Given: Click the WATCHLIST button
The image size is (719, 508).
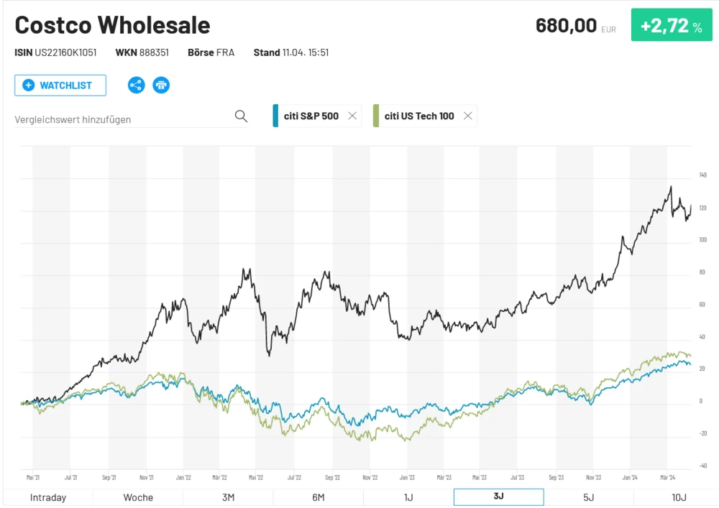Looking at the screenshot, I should coord(60,86).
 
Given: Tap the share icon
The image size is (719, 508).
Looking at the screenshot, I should coord(136,86).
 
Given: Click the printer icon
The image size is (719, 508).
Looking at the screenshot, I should coord(161,86).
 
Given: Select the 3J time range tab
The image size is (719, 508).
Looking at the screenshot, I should coord(498,497).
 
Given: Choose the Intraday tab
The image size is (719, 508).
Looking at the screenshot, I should coord(48,497).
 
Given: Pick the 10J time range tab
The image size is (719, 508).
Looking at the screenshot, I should coord(679,497).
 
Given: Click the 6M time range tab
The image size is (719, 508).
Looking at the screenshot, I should coord(319,497).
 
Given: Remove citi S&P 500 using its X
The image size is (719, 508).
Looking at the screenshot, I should coord(352,116).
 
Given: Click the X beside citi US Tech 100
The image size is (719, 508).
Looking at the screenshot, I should coord(468,116).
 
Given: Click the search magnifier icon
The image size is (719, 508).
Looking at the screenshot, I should coord(241,116).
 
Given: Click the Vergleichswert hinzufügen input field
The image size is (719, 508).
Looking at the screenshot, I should coord(122,119).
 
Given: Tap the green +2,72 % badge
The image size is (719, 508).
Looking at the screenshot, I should coord(672,26).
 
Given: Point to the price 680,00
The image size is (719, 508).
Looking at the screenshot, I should coord(566,26).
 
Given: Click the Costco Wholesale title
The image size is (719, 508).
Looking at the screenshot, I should coord(113,25).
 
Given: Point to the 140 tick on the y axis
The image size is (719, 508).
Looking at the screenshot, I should coord(702,175).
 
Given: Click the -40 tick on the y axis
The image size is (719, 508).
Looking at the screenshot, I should coord(702,466).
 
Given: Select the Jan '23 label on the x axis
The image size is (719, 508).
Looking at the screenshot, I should coord(407,476).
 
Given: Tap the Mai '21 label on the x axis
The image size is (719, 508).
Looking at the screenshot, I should coord(33,476).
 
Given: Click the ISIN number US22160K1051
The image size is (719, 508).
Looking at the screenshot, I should coord(65,52).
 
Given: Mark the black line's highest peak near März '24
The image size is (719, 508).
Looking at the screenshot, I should coord(671,187).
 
